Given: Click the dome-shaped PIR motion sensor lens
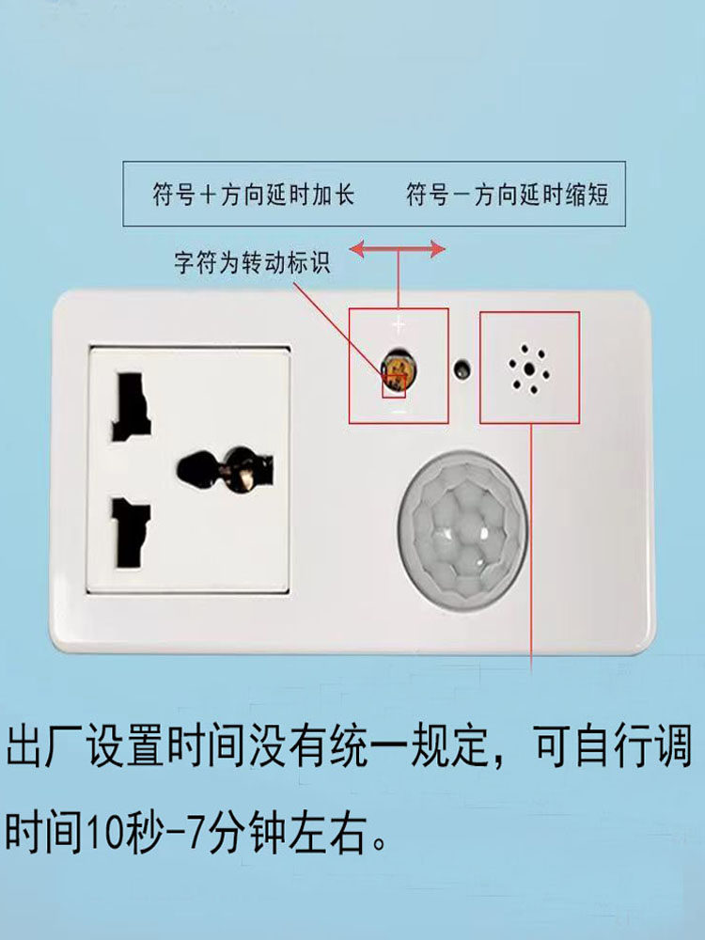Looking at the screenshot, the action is coord(462,530).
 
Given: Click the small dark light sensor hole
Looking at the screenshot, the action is coord(462,368).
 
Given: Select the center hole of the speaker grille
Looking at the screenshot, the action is coord(530,368).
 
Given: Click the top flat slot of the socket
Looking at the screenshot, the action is coord(131,407).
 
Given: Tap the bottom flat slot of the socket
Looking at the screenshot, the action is coord(132,532).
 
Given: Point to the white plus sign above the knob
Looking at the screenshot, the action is coord(399,326).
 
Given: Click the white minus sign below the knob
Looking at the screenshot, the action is coord(398,412).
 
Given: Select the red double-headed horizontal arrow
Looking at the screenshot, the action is coord(398,249).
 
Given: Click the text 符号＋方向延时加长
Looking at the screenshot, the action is coord(253,195).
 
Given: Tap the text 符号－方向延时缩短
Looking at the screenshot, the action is coord(508,195).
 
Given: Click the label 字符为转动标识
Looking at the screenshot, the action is coord(252,262).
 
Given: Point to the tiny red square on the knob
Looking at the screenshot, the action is coord(395,384).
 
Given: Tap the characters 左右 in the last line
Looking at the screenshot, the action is coord(327,832).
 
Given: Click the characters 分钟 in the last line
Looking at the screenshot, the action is coord(246,832).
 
